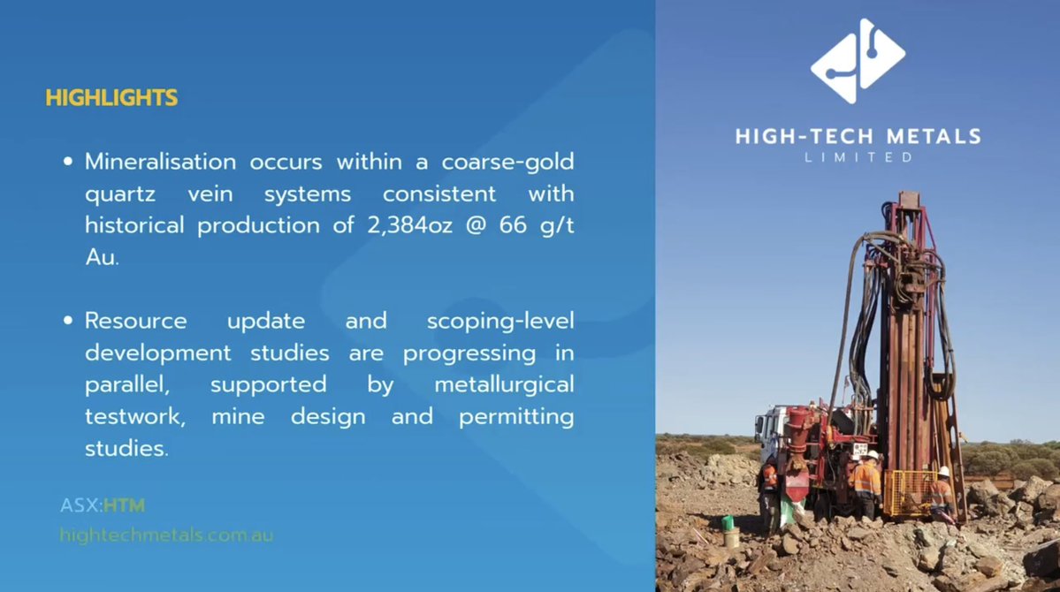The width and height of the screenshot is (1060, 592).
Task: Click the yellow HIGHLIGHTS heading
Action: pyautogui.click(x=111, y=98)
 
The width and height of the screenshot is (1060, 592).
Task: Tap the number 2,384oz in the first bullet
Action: pyautogui.click(x=407, y=225)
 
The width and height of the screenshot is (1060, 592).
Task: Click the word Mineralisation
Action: pyautogui.click(x=160, y=162)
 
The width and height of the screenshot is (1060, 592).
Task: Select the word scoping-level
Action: pyautogui.click(x=499, y=322)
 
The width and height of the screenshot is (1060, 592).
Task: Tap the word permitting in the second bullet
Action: pyautogui.click(x=515, y=417)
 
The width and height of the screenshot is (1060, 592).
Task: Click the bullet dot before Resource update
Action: pyautogui.click(x=68, y=322)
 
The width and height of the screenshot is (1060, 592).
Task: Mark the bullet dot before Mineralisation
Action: pyautogui.click(x=68, y=163)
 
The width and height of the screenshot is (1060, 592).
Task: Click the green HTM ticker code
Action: pyautogui.click(x=124, y=506)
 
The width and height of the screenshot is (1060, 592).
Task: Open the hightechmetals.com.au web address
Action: pyautogui.click(x=166, y=535)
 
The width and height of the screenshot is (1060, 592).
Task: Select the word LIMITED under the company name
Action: pyautogui.click(x=858, y=158)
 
